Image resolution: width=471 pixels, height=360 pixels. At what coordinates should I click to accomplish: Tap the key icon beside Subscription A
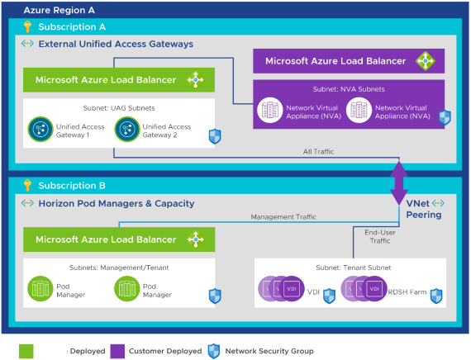(27, 26)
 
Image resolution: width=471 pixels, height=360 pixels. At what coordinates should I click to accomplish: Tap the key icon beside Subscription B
(27, 186)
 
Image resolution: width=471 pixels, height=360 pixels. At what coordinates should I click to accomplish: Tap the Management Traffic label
(283, 217)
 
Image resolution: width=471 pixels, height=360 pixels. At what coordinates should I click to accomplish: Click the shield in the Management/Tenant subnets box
(216, 294)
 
